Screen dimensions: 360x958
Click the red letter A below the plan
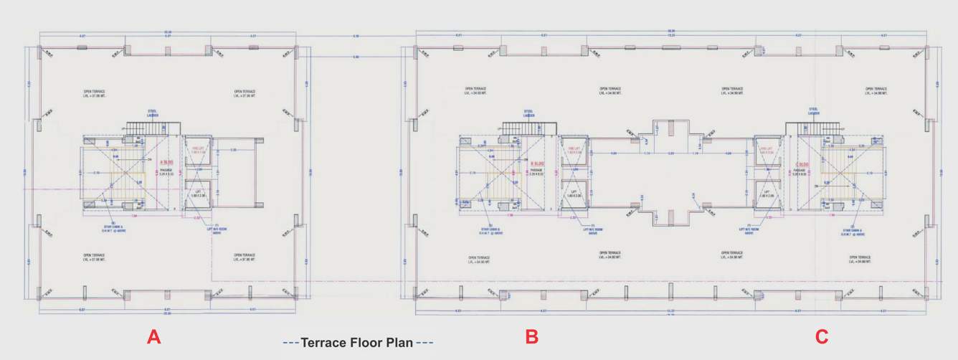coord(153,337)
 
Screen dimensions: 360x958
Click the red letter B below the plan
coord(532,337)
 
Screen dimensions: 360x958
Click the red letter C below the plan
coord(822,337)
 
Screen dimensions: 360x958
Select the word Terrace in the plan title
coord(328,343)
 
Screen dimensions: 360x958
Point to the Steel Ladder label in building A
coord(153,113)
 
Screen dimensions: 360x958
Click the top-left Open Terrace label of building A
coord(94,94)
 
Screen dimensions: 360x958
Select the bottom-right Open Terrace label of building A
coord(245,257)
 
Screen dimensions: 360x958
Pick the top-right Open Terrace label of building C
coord(877,92)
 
